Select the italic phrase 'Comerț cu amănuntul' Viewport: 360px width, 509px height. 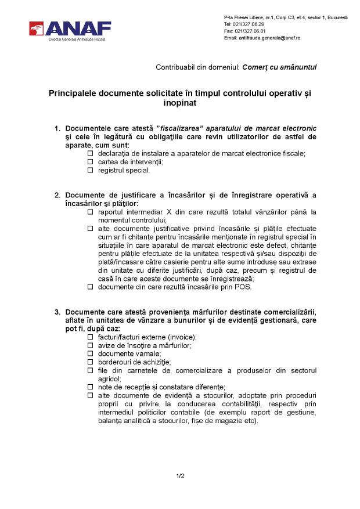[x=279, y=67]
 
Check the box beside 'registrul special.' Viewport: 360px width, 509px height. [x=90, y=171]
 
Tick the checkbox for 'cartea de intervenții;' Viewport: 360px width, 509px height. [x=90, y=162]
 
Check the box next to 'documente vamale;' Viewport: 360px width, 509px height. [x=90, y=353]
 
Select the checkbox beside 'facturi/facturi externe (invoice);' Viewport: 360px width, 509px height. [x=90, y=337]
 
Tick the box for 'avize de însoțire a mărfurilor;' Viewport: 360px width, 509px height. [x=90, y=345]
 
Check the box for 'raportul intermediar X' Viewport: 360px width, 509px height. [x=90, y=212]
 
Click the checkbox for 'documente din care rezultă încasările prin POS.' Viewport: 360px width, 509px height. [x=90, y=287]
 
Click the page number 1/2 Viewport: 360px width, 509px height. [x=180, y=476]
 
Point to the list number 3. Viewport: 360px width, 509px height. [x=57, y=312]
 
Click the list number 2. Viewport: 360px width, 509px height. [x=57, y=195]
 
